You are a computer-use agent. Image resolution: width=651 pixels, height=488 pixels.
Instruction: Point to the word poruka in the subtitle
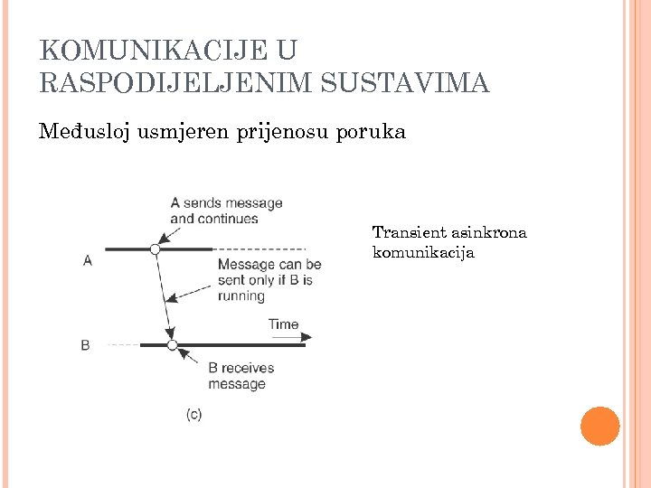pyautogui.click(x=371, y=132)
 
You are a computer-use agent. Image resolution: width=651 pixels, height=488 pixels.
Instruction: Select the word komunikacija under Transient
pyautogui.click(x=423, y=252)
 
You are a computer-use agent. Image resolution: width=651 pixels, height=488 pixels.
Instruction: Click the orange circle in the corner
pyautogui.click(x=599, y=426)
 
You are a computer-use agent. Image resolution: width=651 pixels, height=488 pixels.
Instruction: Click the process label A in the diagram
pyautogui.click(x=88, y=260)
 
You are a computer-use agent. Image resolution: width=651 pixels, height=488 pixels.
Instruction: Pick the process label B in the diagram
pyautogui.click(x=85, y=344)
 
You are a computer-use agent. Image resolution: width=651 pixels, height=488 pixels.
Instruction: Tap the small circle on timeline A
pyautogui.click(x=155, y=249)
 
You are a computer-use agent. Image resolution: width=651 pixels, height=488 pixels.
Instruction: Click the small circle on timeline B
pyautogui.click(x=172, y=344)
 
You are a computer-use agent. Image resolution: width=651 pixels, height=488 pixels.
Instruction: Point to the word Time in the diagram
pyautogui.click(x=283, y=324)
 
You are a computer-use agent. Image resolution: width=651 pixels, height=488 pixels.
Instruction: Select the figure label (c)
pyautogui.click(x=193, y=414)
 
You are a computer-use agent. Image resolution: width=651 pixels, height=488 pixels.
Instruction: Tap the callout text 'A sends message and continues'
pyautogui.click(x=226, y=211)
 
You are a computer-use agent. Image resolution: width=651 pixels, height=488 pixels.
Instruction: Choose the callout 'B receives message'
pyautogui.click(x=241, y=375)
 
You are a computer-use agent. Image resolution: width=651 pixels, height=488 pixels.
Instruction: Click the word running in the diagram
pyautogui.click(x=241, y=296)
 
